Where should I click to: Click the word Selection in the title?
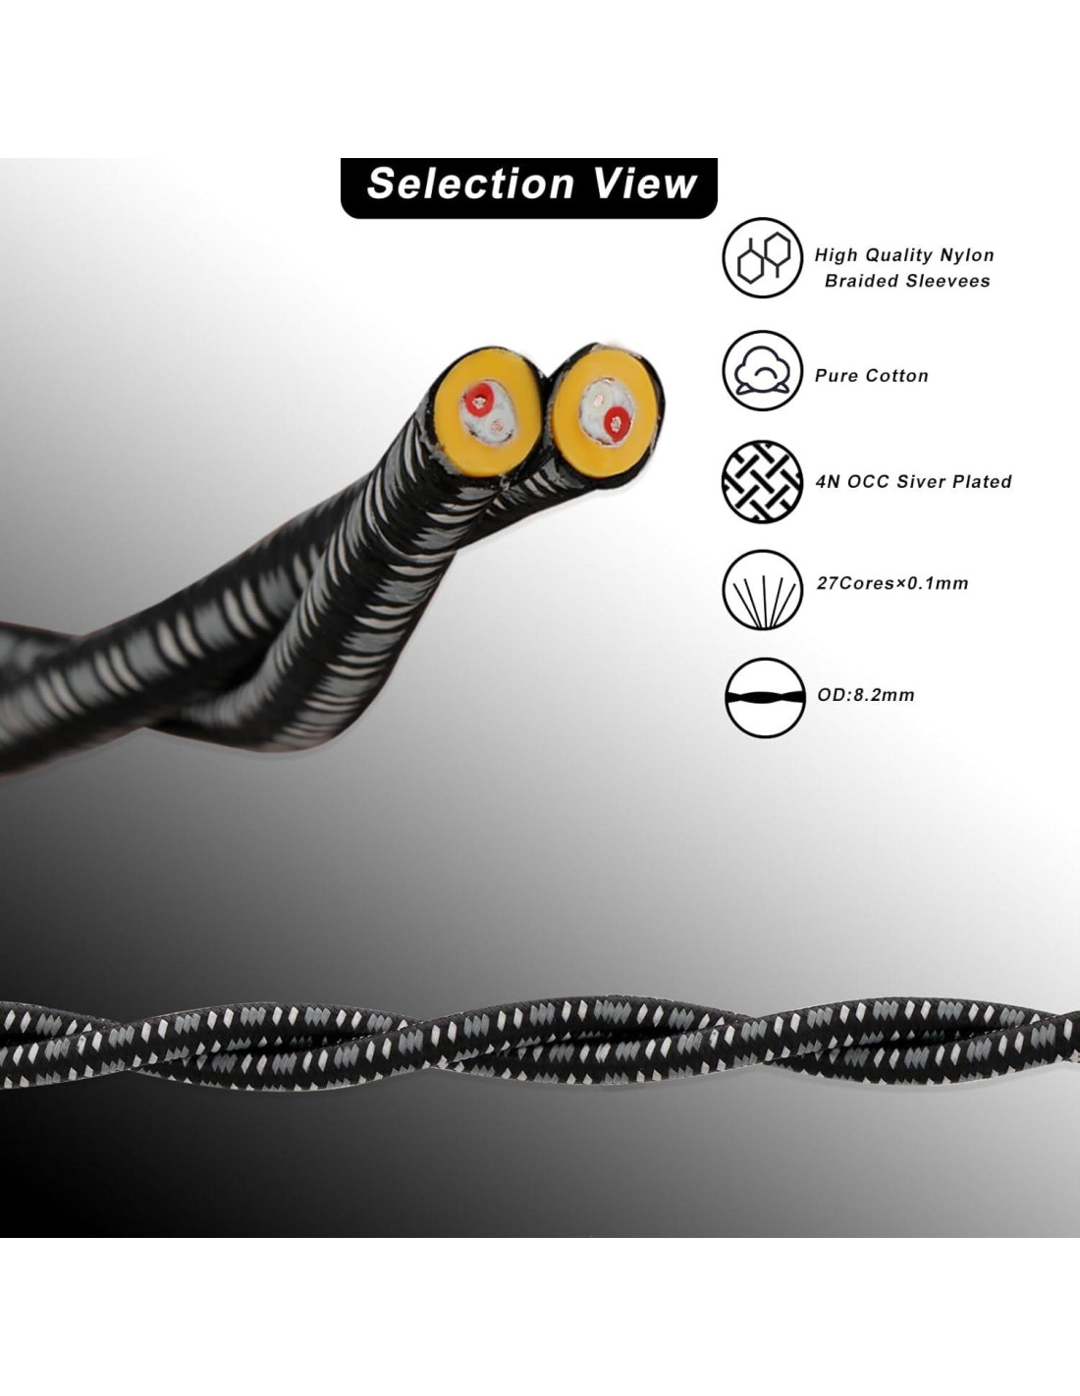[469, 185]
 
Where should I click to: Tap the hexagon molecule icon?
[763, 258]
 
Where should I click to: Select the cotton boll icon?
[763, 371]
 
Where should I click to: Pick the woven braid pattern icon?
[763, 481]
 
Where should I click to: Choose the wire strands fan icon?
[763, 590]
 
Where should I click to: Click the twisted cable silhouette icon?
[764, 698]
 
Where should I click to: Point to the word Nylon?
[967, 255]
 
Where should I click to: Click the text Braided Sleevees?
[906, 281]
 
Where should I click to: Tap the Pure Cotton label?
[871, 375]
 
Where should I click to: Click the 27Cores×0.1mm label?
[892, 583]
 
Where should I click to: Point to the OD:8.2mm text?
[866, 695]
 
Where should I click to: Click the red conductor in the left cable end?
[481, 399]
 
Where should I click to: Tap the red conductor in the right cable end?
[618, 423]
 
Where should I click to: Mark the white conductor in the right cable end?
[595, 400]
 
